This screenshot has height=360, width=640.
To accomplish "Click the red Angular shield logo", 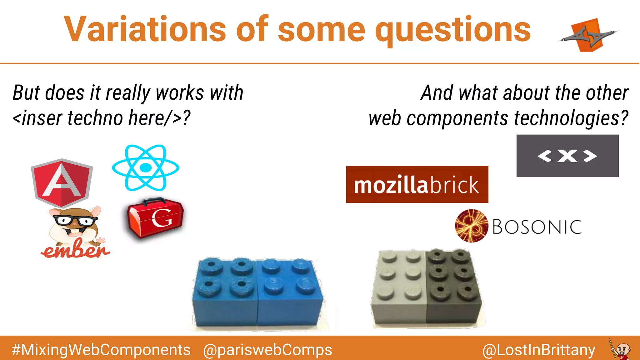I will click(62, 182).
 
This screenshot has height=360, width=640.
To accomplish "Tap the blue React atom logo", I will click(146, 168).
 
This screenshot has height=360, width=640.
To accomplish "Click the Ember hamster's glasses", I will click(75, 221).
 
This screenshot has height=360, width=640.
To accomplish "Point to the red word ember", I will click(76, 250).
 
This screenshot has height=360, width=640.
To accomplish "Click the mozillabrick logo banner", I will click(417, 184).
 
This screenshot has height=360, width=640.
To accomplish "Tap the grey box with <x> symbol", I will click(567, 156).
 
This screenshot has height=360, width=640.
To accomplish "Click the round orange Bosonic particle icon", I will click(471, 226).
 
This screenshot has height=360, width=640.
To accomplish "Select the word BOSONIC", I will click(537, 227).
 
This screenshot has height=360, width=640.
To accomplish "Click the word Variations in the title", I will click(145, 29).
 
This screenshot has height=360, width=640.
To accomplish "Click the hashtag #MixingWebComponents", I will click(101, 350).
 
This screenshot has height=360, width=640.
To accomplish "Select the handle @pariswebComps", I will click(267, 350).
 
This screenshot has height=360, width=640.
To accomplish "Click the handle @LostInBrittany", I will click(538, 350).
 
